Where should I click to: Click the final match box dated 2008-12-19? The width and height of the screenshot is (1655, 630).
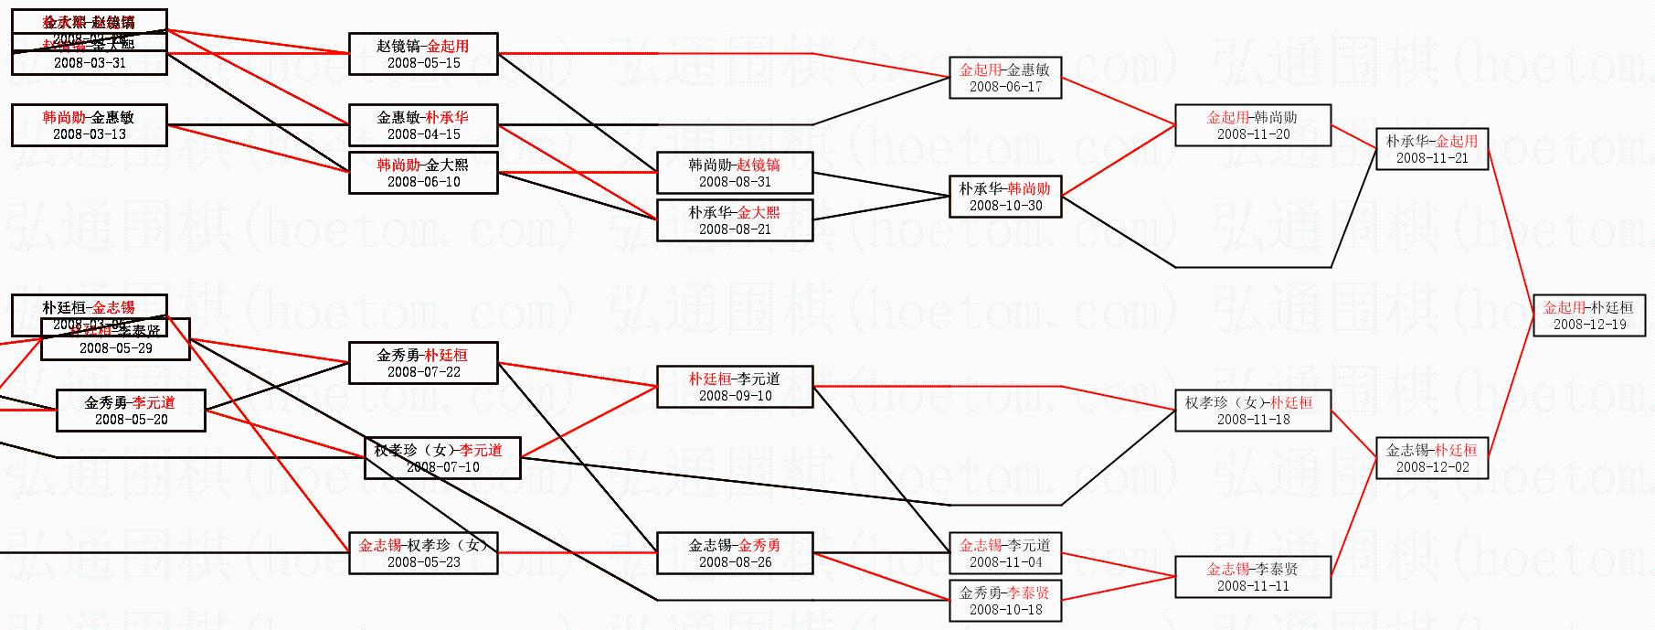click(x=1589, y=315)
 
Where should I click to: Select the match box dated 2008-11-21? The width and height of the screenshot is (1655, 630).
click(x=1432, y=149)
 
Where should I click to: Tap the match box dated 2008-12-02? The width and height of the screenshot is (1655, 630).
click(x=1432, y=458)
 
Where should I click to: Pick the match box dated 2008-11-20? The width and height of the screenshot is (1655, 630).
click(x=1252, y=125)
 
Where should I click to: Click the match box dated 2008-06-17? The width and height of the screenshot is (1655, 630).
click(x=1005, y=78)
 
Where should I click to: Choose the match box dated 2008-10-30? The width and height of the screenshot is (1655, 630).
click(x=1005, y=197)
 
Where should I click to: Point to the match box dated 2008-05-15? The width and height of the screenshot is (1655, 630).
click(x=423, y=54)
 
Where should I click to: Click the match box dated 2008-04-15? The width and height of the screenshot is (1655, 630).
click(x=423, y=125)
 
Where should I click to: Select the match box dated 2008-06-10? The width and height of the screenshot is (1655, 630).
click(x=423, y=173)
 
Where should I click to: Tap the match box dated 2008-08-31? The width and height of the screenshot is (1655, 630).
click(x=735, y=173)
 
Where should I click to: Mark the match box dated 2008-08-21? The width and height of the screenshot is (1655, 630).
click(x=735, y=220)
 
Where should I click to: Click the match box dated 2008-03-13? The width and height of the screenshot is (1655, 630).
click(x=89, y=125)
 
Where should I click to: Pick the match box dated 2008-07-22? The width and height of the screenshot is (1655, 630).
click(x=423, y=363)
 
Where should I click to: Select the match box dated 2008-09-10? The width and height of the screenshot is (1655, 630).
click(x=735, y=387)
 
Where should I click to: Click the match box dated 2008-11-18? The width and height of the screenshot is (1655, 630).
click(x=1252, y=411)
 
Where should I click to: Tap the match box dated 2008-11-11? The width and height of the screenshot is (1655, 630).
click(x=1252, y=577)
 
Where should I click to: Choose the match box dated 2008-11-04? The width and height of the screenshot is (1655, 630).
click(x=1005, y=553)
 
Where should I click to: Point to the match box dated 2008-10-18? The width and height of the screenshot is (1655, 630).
click(x=1005, y=601)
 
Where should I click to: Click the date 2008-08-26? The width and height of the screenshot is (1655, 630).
click(x=735, y=562)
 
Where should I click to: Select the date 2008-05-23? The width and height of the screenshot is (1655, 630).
click(x=423, y=562)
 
